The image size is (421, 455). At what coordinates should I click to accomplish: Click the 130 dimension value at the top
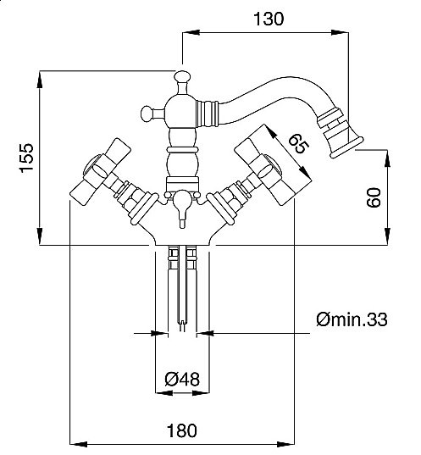[269, 19]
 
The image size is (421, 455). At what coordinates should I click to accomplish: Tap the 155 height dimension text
[27, 158]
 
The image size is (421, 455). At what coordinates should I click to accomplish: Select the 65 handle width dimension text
[298, 144]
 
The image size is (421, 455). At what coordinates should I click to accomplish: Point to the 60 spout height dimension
[374, 197]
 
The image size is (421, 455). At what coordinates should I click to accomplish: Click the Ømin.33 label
[352, 319]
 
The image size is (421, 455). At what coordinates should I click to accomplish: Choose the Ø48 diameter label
[182, 380]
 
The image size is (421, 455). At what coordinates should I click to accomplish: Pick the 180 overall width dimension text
[182, 430]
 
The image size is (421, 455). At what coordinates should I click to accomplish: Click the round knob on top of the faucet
[182, 76]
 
